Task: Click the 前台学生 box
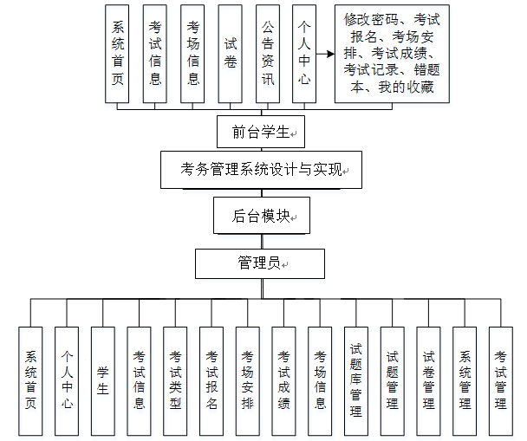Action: [260, 132]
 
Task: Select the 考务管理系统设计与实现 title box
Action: [260, 170]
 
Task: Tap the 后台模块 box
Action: [261, 217]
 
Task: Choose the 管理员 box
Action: [260, 263]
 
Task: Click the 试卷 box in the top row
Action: [231, 54]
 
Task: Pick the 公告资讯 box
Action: [268, 54]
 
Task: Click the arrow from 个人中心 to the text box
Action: [324, 54]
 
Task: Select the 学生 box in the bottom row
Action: [103, 380]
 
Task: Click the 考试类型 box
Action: [176, 380]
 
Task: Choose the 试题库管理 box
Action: [356, 380]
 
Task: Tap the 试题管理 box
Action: [393, 380]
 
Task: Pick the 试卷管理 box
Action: [428, 380]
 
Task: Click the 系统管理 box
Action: [465, 380]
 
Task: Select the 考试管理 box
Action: [501, 380]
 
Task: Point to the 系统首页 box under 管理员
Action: [31, 380]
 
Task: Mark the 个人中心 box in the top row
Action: [304, 54]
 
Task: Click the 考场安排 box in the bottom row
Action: [248, 380]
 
